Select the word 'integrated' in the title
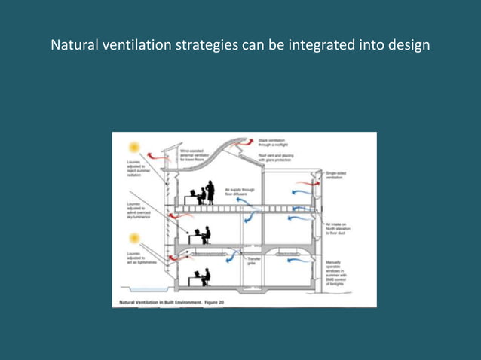319,45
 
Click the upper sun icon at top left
135,148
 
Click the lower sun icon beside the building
134,239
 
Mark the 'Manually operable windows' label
339,273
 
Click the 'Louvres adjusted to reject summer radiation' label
129,169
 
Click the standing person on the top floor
210,192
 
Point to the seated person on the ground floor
204,277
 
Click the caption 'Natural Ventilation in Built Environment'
167,303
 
